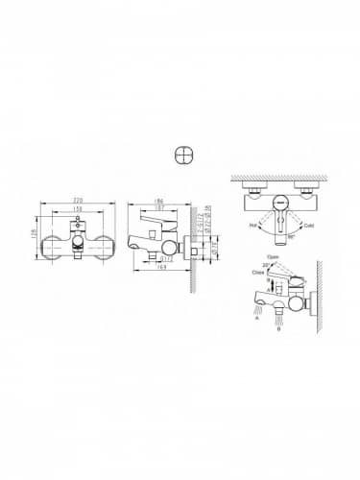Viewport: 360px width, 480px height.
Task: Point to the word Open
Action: coord(272,257)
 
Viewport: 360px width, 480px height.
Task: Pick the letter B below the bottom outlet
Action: coord(276,327)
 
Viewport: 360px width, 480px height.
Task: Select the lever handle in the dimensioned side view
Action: coord(154,224)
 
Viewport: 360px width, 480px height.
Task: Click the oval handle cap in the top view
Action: coord(277,201)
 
